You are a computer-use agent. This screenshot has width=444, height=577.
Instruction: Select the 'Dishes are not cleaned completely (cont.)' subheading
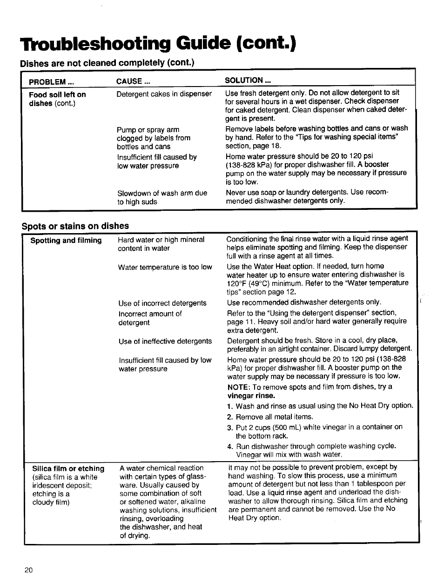click(x=107, y=63)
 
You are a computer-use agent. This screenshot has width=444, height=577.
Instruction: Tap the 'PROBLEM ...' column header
click(x=51, y=81)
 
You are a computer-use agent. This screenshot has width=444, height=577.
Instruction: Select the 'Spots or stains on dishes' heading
click(x=75, y=226)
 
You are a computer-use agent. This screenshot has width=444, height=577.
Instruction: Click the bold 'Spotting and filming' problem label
click(x=66, y=241)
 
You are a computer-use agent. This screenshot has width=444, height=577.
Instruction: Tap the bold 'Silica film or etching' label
click(x=68, y=469)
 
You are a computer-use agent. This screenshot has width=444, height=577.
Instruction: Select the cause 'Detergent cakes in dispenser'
click(x=164, y=94)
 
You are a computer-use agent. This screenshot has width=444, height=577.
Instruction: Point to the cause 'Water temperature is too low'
click(x=165, y=267)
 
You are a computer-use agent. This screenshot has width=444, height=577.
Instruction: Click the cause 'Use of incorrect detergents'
click(x=162, y=303)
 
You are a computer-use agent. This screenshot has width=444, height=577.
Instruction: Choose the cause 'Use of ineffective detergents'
click(x=165, y=341)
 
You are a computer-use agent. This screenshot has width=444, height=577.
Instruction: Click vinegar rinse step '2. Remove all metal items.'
click(x=270, y=417)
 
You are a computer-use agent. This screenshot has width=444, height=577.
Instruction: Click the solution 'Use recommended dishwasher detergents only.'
click(x=304, y=302)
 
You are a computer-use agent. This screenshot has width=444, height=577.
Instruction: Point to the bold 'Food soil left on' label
click(x=57, y=94)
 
